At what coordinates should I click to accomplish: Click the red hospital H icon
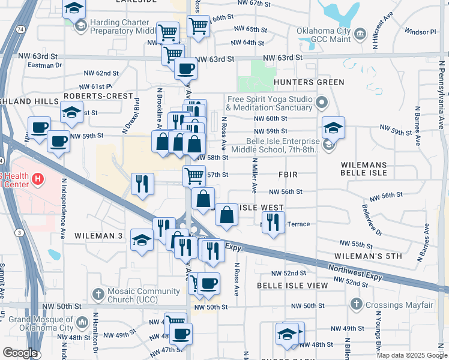pos(38,178)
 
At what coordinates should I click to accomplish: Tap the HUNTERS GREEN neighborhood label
pos(309,82)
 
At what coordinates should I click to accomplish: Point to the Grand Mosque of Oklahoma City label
pos(41,324)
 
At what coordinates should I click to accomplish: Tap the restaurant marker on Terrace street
pos(273,221)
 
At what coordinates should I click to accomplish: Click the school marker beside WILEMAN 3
pos(142,241)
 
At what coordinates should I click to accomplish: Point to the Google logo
pos(20,353)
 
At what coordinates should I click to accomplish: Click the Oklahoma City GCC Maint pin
pos(361,32)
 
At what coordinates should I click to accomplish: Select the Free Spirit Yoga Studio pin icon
pos(321,103)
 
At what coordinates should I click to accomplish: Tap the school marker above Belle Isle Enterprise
pos(333,127)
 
